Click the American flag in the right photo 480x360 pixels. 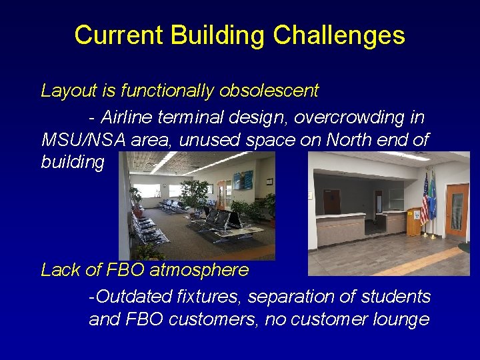point(424,200)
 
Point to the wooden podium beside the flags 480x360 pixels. point(414,222)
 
